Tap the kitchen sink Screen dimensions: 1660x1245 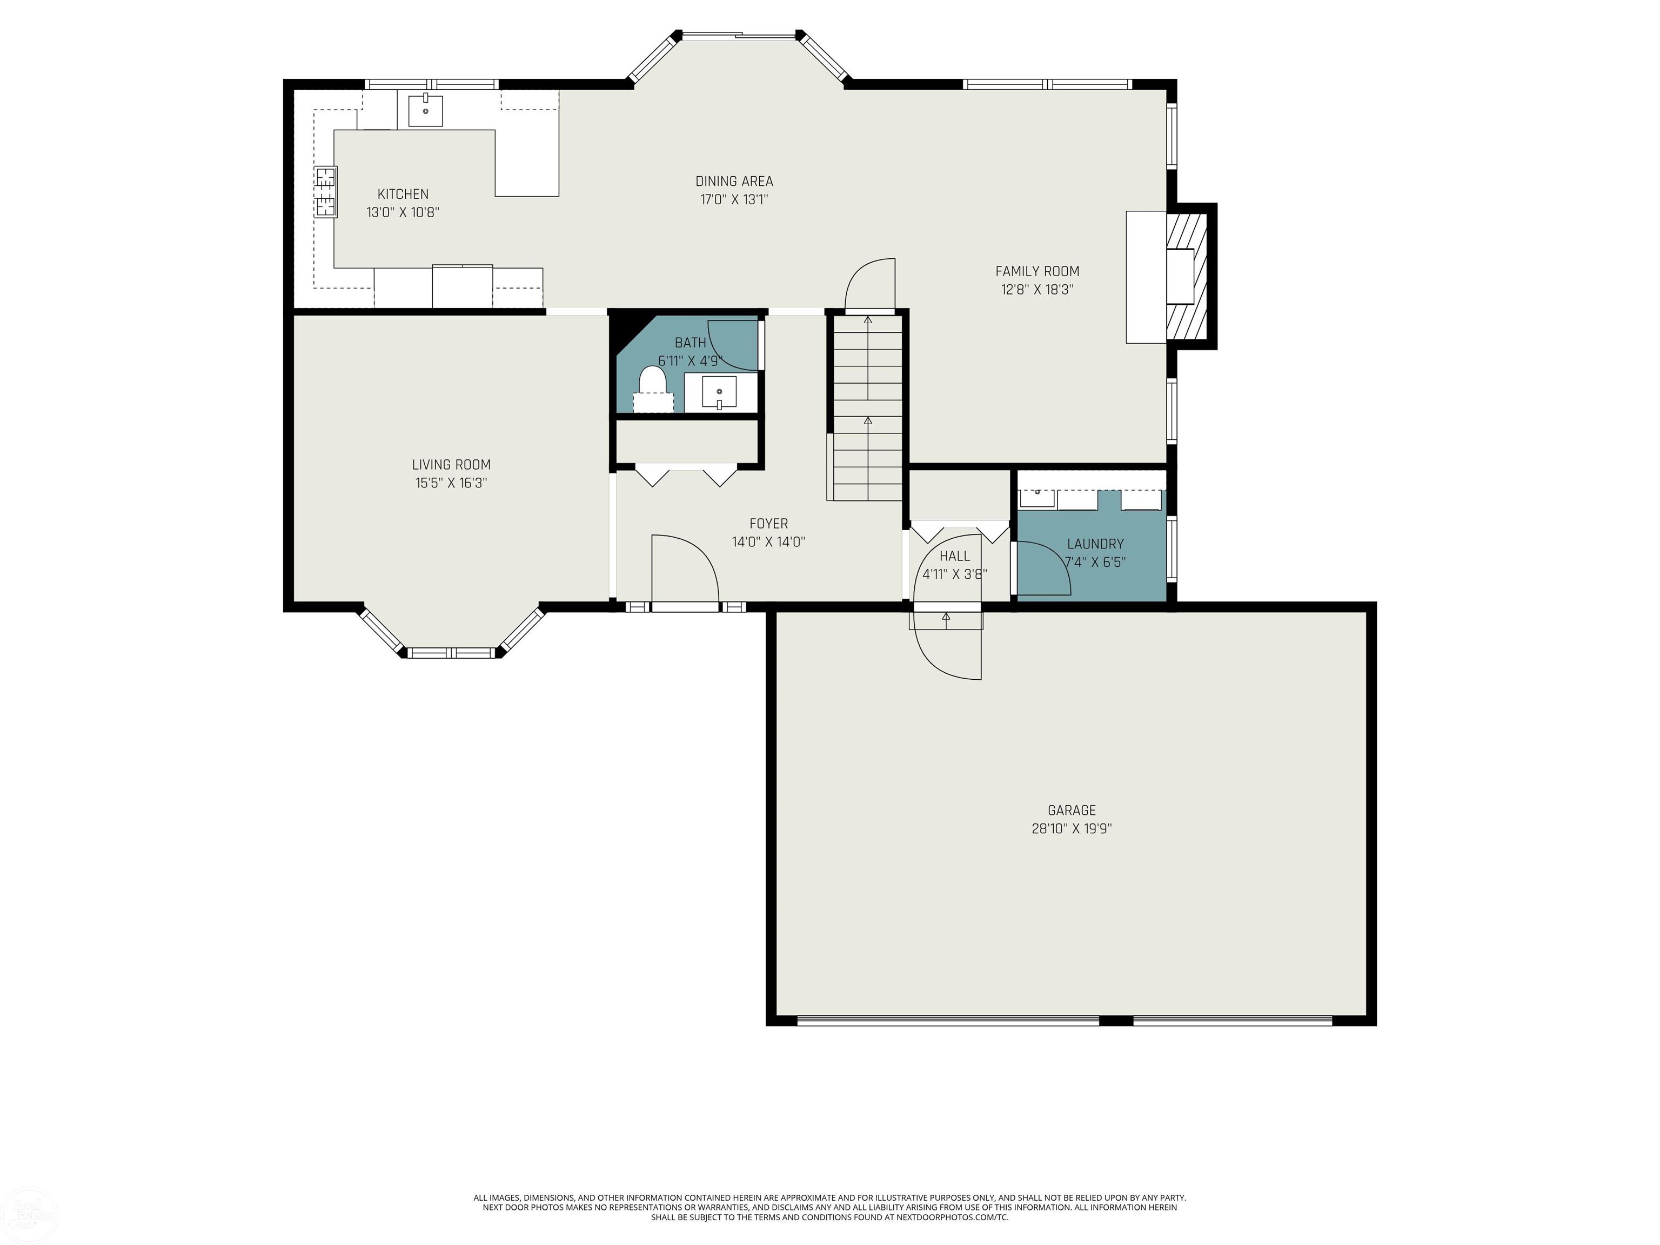425,111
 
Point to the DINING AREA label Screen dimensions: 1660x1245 734,181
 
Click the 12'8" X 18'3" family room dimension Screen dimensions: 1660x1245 1037,290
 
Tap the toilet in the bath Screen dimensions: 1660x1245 652,389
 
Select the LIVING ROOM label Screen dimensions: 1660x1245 451,465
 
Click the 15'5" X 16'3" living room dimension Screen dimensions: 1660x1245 451,483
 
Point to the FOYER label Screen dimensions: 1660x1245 768,524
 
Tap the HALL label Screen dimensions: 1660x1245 955,556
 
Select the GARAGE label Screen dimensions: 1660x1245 1072,811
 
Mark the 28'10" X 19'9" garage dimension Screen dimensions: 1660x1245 1072,828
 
